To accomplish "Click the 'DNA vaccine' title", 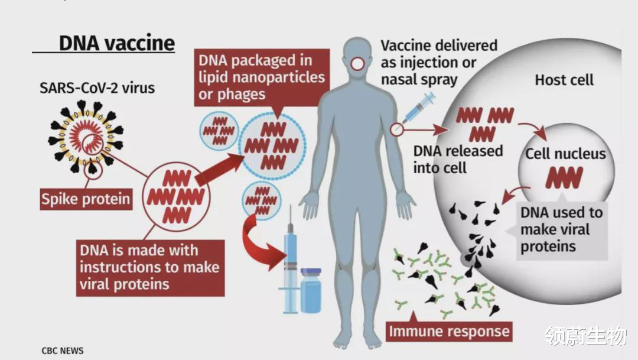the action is pyautogui.click(x=117, y=43).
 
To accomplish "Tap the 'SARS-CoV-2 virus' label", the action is pyautogui.click(x=97, y=88).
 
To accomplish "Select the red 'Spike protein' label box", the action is pyautogui.click(x=86, y=199).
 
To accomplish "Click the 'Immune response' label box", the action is pyautogui.click(x=449, y=331).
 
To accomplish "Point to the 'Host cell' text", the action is pyautogui.click(x=564, y=80).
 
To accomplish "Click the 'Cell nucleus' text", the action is pyautogui.click(x=565, y=154).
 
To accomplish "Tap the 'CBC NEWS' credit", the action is pyautogui.click(x=63, y=351).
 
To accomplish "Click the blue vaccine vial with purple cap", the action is pyautogui.click(x=311, y=291).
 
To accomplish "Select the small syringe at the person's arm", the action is pyautogui.click(x=418, y=108).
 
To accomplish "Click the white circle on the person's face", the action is pyautogui.click(x=358, y=64).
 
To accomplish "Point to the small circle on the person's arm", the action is pyautogui.click(x=397, y=130).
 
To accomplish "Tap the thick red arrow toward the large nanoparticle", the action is pyautogui.click(x=219, y=170).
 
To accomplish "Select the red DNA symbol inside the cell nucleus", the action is pyautogui.click(x=564, y=177).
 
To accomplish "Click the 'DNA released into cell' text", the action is pyautogui.click(x=458, y=159).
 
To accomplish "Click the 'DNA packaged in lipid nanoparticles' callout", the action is pyautogui.click(x=262, y=77).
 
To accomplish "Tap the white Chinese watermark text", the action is pyautogui.click(x=586, y=336).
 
